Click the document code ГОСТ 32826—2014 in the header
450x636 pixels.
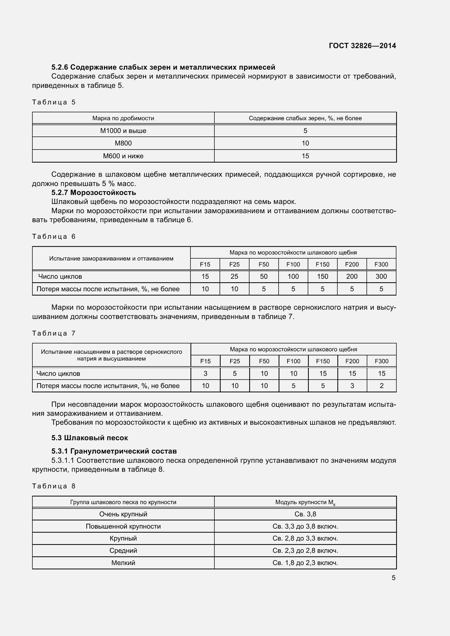coord(362,46)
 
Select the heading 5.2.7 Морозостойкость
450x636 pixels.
coord(93,193)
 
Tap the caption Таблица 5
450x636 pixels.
coord(54,102)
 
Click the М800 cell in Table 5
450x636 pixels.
coord(123,143)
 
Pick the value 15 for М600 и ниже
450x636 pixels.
coord(305,156)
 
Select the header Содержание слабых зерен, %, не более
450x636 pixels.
coord(305,118)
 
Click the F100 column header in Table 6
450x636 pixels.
coord(293,264)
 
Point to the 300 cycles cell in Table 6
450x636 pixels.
coord(381,277)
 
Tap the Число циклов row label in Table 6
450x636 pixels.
coord(60,277)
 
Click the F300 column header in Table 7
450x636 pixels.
coord(381,361)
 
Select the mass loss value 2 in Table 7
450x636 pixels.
coord(381,386)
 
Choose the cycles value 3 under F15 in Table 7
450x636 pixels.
coord(205,374)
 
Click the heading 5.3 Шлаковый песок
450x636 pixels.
coord(90,438)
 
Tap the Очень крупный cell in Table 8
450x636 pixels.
coord(123,514)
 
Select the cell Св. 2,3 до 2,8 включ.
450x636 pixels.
coord(305,550)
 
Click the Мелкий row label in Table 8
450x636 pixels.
coord(123,563)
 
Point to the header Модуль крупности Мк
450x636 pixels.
coord(305,502)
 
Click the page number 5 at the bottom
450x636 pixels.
coord(393,578)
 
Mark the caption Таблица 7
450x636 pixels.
coord(54,333)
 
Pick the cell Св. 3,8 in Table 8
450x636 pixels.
coord(305,514)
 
